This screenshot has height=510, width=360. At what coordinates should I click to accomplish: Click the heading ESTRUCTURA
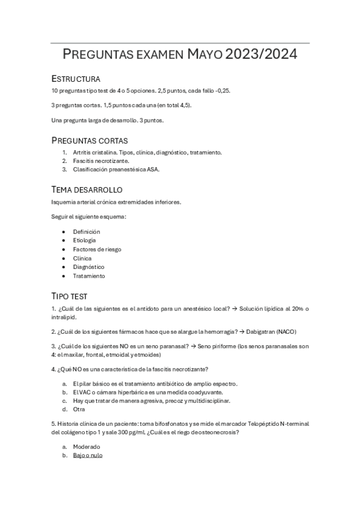click(x=76, y=79)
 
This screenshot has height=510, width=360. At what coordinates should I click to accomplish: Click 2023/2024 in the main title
click(x=261, y=55)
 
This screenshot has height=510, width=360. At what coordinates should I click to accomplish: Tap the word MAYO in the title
click(x=204, y=55)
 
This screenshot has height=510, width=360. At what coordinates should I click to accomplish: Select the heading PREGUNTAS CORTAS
click(x=89, y=140)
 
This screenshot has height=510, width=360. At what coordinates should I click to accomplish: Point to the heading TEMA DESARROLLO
click(x=87, y=189)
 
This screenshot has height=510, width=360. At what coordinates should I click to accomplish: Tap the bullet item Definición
click(x=87, y=232)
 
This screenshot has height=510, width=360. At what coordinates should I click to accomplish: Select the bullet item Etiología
click(x=86, y=241)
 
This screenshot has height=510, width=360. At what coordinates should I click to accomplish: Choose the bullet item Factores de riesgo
click(x=97, y=249)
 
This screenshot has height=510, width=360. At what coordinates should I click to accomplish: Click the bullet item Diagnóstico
click(x=88, y=267)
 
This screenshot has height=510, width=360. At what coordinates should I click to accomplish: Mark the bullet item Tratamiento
click(x=89, y=276)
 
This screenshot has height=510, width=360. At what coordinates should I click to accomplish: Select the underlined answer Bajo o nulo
click(x=88, y=455)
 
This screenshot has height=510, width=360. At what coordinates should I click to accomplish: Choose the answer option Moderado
click(x=87, y=447)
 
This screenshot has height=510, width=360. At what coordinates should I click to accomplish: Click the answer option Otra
click(x=80, y=409)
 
